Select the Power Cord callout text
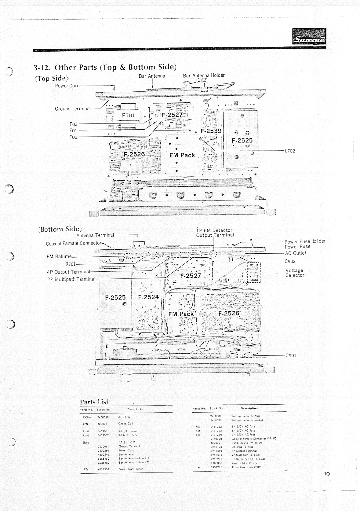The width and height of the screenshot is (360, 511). (x=67, y=86)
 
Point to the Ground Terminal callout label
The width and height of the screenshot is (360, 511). (x=73, y=109)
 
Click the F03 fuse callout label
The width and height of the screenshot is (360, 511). (x=73, y=124)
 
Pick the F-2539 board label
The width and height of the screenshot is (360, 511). (x=211, y=131)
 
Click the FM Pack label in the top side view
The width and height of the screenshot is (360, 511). (x=182, y=155)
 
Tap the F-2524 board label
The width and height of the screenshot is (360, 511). (x=148, y=297)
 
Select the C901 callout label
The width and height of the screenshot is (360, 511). (x=290, y=355)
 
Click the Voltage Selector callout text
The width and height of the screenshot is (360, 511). (x=295, y=273)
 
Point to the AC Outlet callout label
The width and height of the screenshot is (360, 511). (x=295, y=253)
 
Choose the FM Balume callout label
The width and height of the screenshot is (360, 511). (x=59, y=256)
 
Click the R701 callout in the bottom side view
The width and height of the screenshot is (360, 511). (x=71, y=264)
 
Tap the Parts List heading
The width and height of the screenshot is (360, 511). (x=94, y=402)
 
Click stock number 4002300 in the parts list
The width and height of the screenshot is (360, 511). (x=103, y=469)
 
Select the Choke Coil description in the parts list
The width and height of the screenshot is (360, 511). (x=125, y=424)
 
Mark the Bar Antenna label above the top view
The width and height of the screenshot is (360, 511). (x=152, y=76)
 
